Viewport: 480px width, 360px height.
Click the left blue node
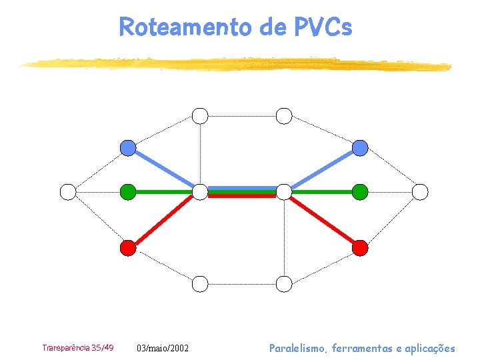pyautogui.click(x=128, y=148)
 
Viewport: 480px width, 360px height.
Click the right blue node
pyautogui.click(x=360, y=148)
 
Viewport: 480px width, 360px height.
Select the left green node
pyautogui.click(x=128, y=192)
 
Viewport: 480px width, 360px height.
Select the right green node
pyautogui.click(x=360, y=192)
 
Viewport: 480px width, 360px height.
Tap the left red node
pyautogui.click(x=128, y=248)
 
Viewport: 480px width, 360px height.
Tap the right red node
pyautogui.click(x=360, y=248)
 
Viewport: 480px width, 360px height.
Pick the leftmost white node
pyautogui.click(x=68, y=192)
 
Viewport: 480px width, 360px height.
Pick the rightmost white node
pyautogui.click(x=420, y=192)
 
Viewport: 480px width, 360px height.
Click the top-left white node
pyautogui.click(x=200, y=116)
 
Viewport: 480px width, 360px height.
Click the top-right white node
pyautogui.click(x=284, y=116)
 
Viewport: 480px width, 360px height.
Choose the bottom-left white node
pyautogui.click(x=200, y=284)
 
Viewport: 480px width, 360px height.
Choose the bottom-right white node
pyautogui.click(x=284, y=284)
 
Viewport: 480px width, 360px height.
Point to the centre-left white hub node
pyautogui.click(x=200, y=192)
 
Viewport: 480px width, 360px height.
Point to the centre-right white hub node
pyautogui.click(x=284, y=192)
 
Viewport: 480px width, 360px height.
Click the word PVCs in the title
pyautogui.click(x=322, y=27)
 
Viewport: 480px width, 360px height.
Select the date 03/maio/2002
pyautogui.click(x=163, y=348)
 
